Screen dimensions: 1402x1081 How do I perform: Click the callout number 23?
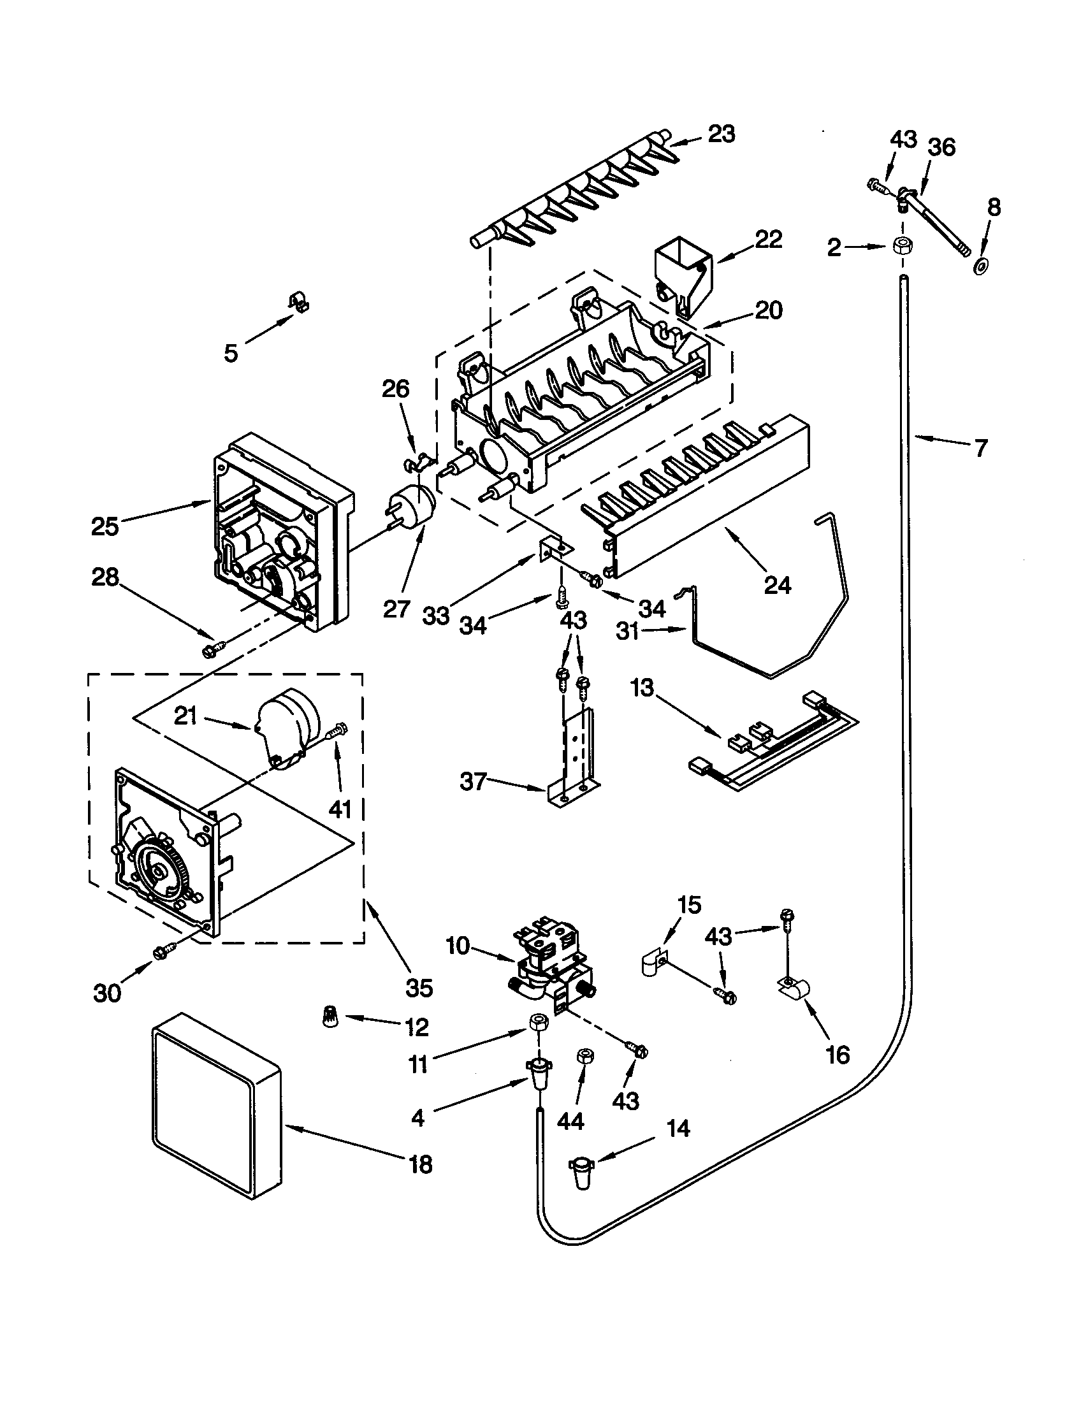(x=722, y=134)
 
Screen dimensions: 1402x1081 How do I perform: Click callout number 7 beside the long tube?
(x=980, y=449)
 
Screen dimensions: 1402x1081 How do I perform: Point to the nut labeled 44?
(x=584, y=1057)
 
